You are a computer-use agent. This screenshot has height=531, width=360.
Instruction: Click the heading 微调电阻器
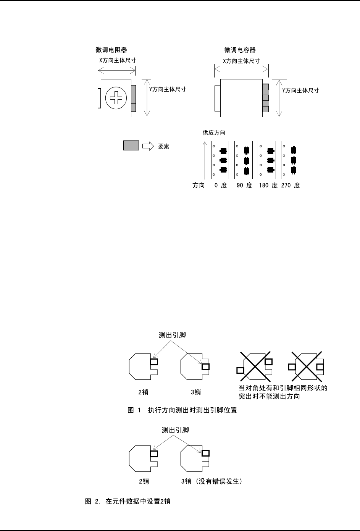coord(111,50)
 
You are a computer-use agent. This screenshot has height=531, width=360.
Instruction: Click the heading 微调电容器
coord(240,50)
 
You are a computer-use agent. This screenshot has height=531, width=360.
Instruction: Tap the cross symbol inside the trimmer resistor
coord(116,98)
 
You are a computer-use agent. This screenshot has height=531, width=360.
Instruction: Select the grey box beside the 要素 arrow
coord(131,145)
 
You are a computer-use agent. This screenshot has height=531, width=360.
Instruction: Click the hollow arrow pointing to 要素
coord(148,146)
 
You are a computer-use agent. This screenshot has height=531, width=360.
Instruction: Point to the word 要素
coord(164,146)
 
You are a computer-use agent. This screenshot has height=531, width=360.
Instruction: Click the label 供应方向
coord(214,133)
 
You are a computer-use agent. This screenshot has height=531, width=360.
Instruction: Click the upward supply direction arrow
coord(205,160)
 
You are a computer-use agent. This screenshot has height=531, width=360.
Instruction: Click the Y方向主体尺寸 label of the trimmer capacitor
coord(300,90)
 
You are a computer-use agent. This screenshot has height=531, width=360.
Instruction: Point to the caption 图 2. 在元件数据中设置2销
coord(128,501)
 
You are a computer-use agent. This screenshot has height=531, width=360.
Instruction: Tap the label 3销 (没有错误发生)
coord(212,481)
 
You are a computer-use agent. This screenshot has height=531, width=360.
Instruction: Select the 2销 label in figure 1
coord(144,392)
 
